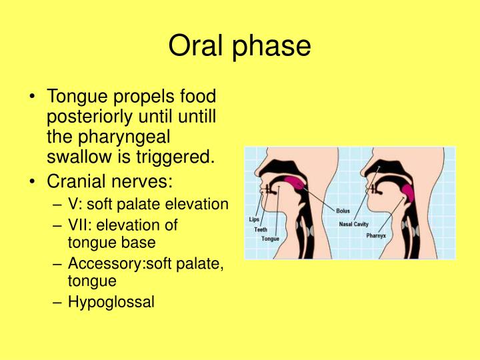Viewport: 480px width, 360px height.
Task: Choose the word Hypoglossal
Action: point(111,302)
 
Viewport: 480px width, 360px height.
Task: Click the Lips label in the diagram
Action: point(254,218)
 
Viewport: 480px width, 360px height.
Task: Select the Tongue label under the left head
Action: point(270,239)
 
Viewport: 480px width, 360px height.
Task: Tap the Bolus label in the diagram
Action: point(343,211)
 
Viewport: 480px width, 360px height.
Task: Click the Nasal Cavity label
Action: point(354,224)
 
